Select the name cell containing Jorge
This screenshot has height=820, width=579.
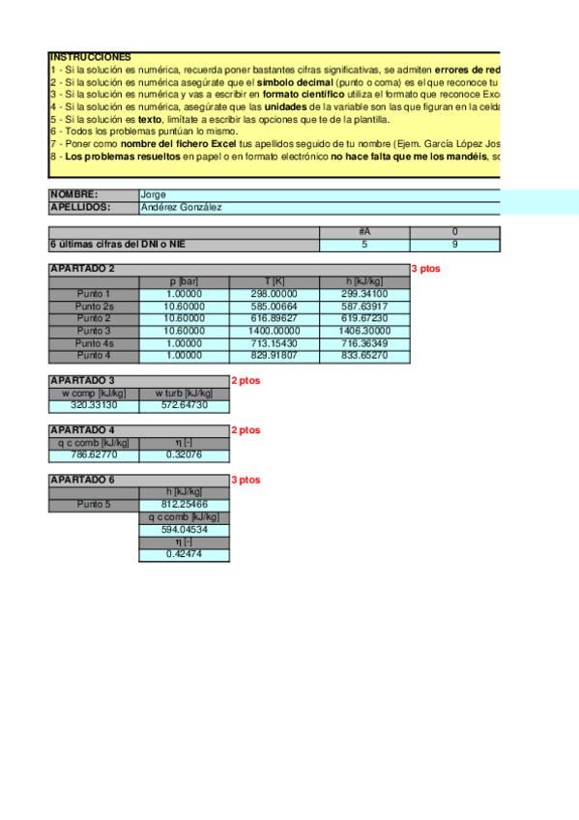click(x=154, y=194)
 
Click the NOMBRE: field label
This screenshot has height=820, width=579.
click(x=74, y=194)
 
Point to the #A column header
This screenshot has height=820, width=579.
click(x=364, y=232)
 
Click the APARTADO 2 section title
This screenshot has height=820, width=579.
click(x=82, y=269)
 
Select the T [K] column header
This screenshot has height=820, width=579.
click(x=275, y=281)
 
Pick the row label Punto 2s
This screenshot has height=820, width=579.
click(x=94, y=306)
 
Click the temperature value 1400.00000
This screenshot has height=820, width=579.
click(x=275, y=331)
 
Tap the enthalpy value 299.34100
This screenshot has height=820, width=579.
click(x=364, y=294)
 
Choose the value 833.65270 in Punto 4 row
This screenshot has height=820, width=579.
click(x=364, y=356)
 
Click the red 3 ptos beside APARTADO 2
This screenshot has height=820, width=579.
click(x=425, y=269)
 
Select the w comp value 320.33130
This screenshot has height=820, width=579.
click(x=94, y=406)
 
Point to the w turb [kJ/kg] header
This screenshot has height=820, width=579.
click(x=185, y=394)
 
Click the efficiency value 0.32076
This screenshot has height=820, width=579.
click(x=185, y=454)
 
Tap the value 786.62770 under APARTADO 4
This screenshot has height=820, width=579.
click(x=94, y=454)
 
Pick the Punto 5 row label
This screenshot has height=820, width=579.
click(x=94, y=505)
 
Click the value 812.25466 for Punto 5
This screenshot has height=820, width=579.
click(x=185, y=505)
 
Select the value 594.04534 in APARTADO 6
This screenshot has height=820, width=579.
click(x=185, y=530)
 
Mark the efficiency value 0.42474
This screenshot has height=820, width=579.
click(x=185, y=554)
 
